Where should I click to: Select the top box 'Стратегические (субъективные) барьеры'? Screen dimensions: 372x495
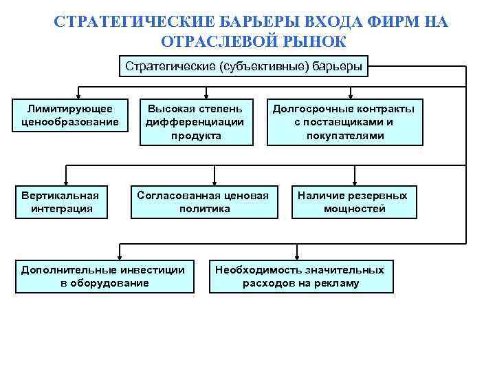coord(244,67)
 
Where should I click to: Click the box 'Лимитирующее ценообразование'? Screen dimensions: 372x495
coord(71,115)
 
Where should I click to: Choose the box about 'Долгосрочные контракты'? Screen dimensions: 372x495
coord(345,122)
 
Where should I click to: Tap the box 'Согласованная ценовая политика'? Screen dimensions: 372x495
coord(204,202)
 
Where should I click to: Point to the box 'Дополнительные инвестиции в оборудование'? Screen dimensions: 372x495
coord(104,276)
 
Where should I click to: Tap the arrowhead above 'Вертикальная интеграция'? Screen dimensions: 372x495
coord(67,183)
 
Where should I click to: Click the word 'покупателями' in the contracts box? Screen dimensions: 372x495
coord(345,136)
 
